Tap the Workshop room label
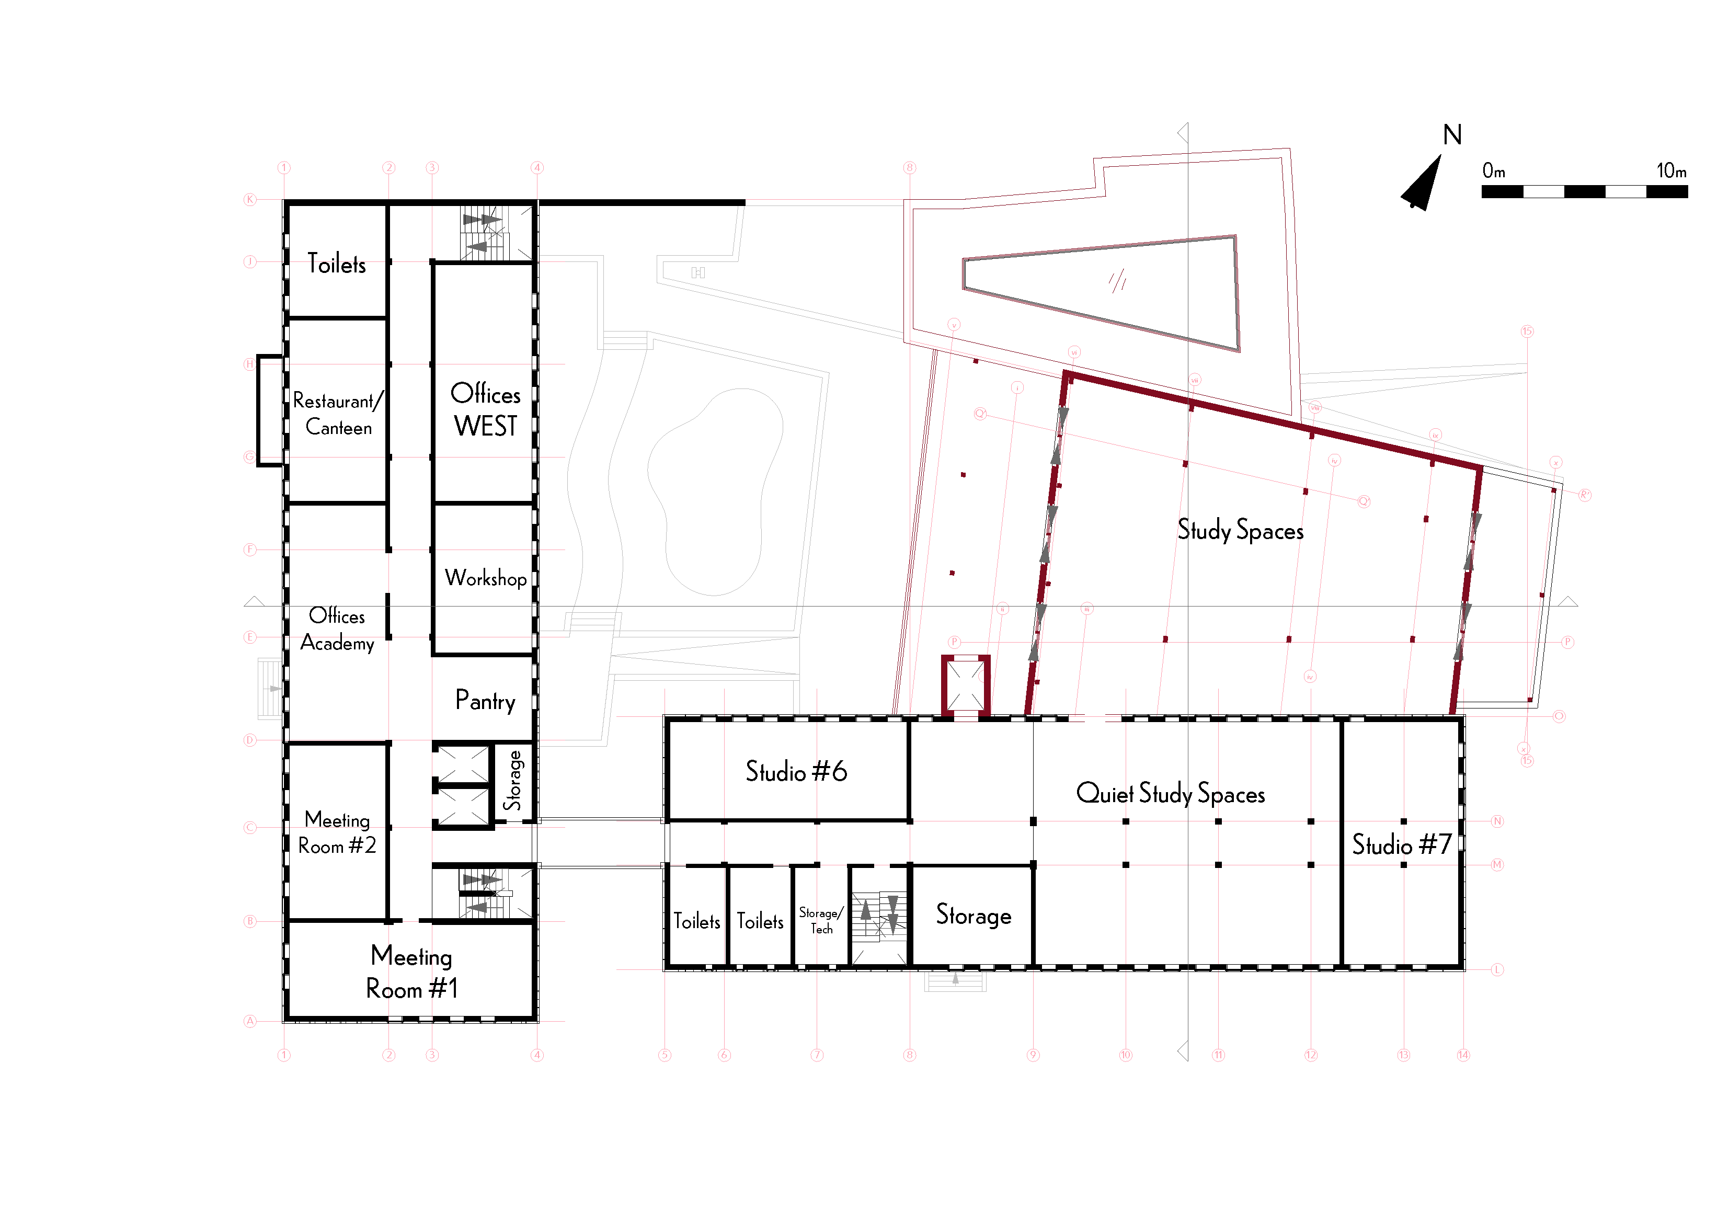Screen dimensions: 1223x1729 point(485,578)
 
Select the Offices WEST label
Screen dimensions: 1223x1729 point(485,410)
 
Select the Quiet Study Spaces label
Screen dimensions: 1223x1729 point(1170,793)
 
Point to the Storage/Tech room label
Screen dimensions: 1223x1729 point(821,920)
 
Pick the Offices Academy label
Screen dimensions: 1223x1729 point(337,629)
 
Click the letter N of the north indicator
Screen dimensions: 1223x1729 point(1452,135)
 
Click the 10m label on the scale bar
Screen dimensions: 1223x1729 point(1671,171)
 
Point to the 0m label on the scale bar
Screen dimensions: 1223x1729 point(1493,171)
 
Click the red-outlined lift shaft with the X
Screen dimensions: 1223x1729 point(966,684)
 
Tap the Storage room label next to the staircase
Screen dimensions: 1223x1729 point(973,915)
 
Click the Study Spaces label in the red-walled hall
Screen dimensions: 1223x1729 point(1240,530)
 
